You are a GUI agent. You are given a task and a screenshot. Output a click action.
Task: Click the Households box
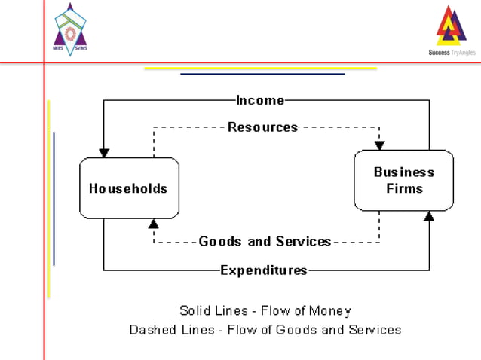coord(129,188)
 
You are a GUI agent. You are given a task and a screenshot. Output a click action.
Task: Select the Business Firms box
coord(404,180)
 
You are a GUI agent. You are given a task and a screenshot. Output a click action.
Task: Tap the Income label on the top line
coord(260,100)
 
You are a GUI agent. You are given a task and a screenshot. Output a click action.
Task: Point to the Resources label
coord(263,127)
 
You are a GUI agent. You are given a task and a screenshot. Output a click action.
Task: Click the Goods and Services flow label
coord(265,242)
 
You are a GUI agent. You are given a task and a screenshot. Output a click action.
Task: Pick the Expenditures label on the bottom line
coord(264,270)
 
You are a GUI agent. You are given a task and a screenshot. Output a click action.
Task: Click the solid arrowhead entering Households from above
coord(104,153)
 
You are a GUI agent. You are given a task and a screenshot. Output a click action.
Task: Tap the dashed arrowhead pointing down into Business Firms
coord(379,145)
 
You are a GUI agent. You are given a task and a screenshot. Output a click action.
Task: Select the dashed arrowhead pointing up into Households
coord(154,224)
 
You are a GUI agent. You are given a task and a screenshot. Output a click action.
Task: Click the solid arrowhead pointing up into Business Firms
coord(429,216)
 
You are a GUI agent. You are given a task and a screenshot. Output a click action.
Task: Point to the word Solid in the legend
coord(195,310)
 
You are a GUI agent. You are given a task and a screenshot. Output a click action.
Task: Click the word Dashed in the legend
coord(151,330)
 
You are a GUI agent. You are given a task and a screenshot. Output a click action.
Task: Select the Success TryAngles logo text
coord(451,53)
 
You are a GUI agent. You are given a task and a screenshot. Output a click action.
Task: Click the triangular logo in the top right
coord(451,26)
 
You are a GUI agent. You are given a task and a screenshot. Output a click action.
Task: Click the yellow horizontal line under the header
coord(260,69)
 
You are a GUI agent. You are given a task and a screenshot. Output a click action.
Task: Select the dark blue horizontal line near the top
coord(262,74)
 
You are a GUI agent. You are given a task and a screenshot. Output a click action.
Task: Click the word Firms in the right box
coord(404,188)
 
